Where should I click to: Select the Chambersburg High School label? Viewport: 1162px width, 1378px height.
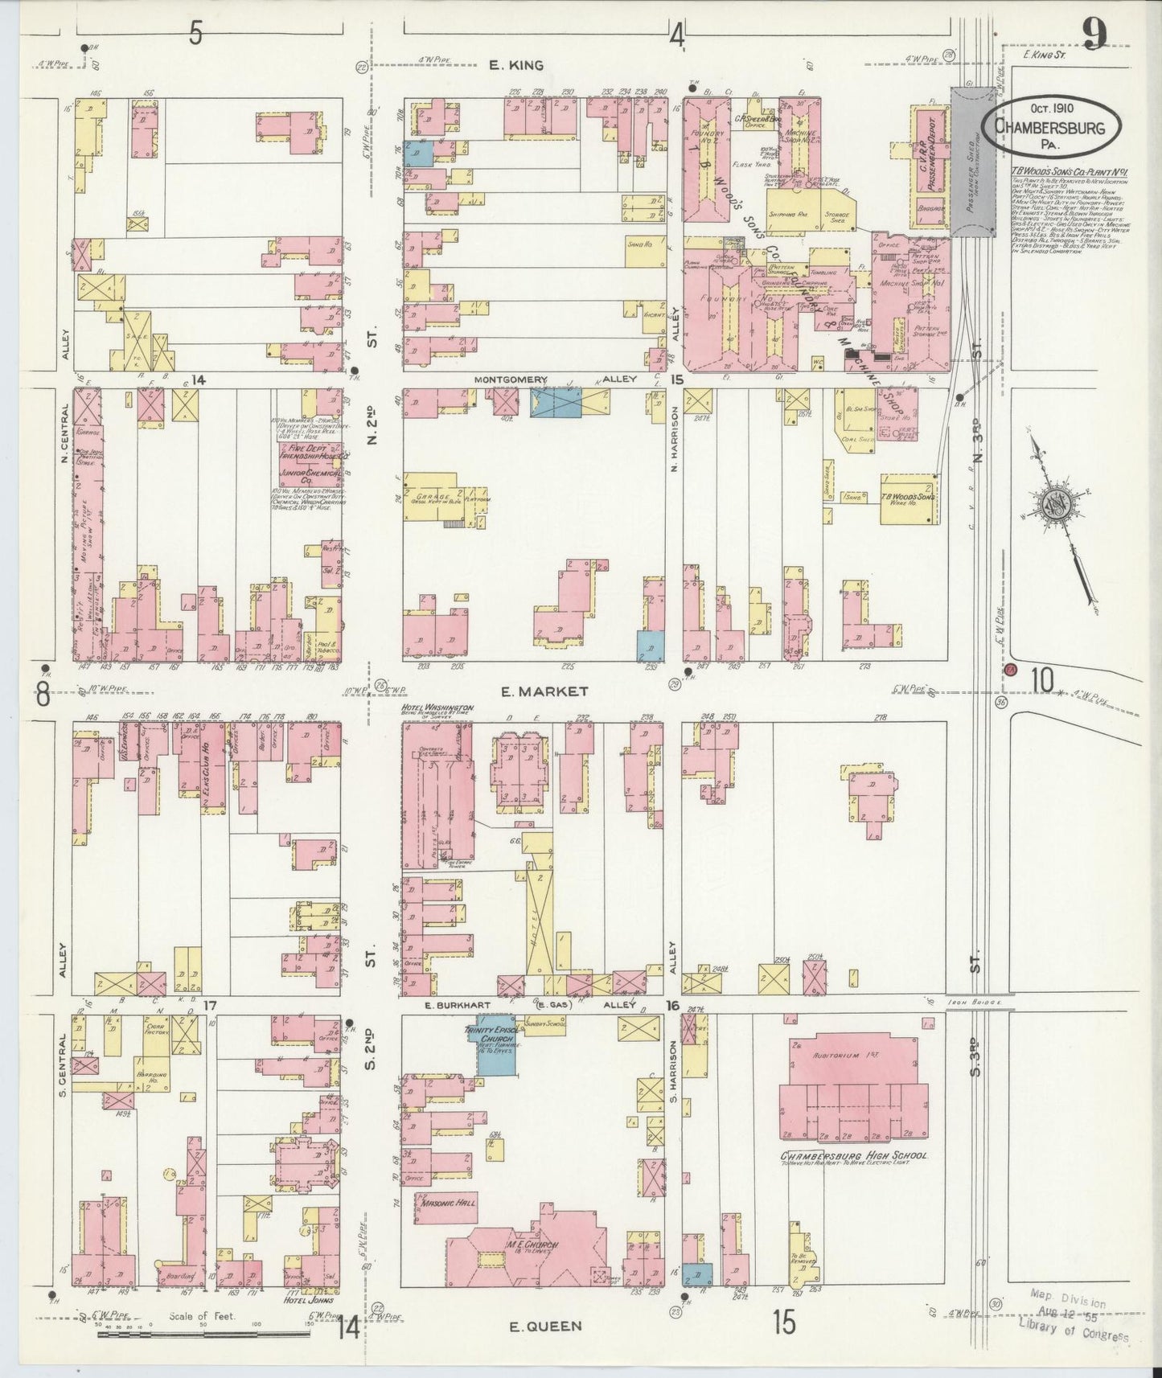click(854, 1156)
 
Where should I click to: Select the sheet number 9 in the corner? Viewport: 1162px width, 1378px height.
click(1094, 35)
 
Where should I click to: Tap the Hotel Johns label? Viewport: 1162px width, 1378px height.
click(310, 1298)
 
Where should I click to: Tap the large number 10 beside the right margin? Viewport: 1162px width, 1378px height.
click(1042, 680)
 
